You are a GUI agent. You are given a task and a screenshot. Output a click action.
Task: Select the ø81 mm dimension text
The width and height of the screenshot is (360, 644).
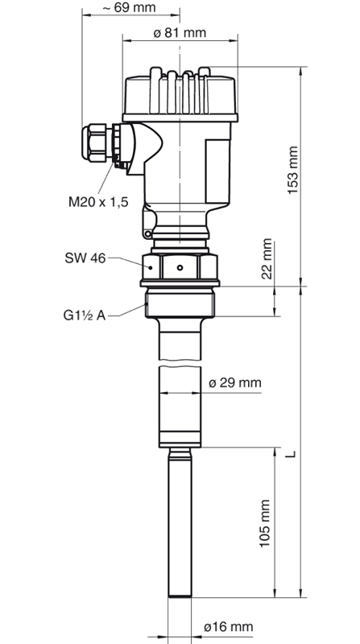[180, 34]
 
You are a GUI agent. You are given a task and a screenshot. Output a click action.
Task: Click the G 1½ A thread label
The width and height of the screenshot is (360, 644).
[86, 312]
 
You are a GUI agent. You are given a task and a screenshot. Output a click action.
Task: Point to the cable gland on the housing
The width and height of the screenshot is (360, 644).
[99, 142]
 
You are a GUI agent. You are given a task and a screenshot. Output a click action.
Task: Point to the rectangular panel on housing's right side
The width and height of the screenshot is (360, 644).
[217, 169]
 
